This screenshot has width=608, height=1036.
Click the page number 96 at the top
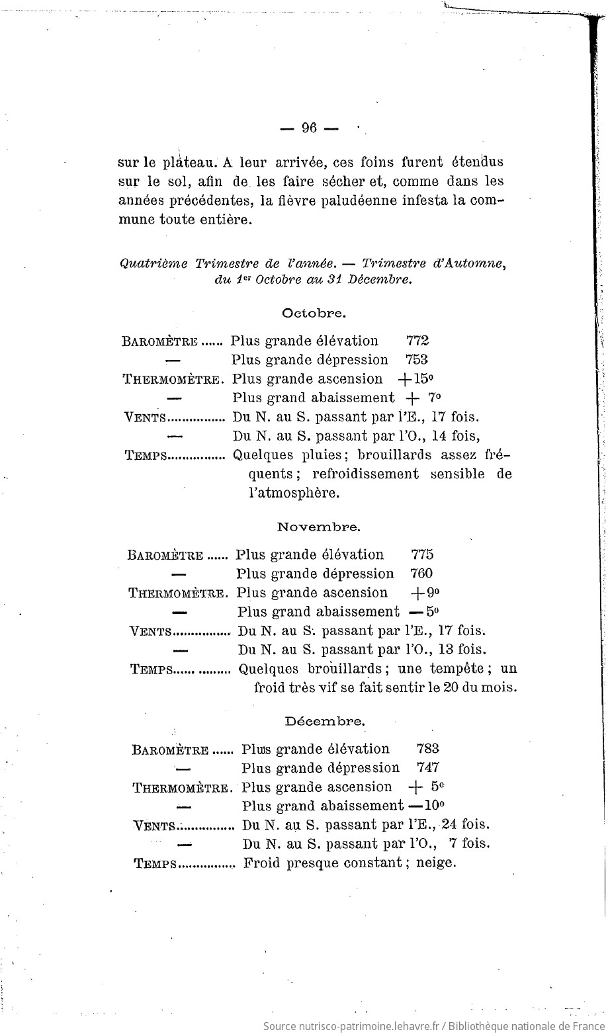[309, 128]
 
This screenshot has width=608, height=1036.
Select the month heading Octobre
[314, 312]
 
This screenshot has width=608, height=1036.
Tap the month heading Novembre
[318, 527]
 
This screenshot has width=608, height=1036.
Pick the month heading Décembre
[325, 721]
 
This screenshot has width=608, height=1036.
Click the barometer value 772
[417, 341]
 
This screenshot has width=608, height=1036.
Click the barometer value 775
[423, 554]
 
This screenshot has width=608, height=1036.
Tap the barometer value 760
[422, 574]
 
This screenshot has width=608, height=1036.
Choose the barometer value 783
[429, 749]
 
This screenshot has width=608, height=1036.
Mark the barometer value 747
[429, 768]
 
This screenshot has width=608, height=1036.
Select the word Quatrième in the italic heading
[154, 263]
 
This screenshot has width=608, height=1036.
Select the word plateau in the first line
[187, 162]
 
